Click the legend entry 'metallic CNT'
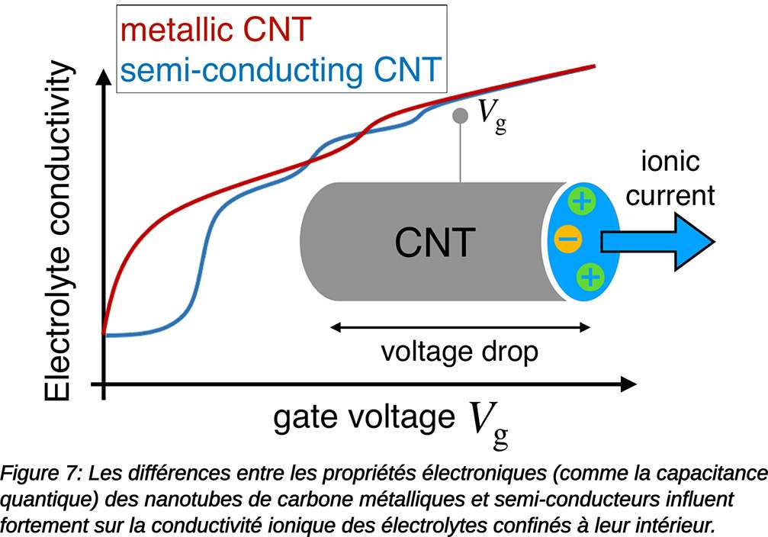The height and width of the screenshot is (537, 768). pyautogui.click(x=217, y=30)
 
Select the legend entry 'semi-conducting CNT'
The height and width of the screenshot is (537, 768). pyautogui.click(x=280, y=69)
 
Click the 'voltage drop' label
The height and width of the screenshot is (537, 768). pyautogui.click(x=459, y=352)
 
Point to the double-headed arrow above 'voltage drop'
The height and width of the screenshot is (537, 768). pyautogui.click(x=460, y=328)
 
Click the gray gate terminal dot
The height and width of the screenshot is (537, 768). pyautogui.click(x=460, y=116)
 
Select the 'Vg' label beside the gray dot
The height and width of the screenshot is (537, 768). pyautogui.click(x=492, y=116)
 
